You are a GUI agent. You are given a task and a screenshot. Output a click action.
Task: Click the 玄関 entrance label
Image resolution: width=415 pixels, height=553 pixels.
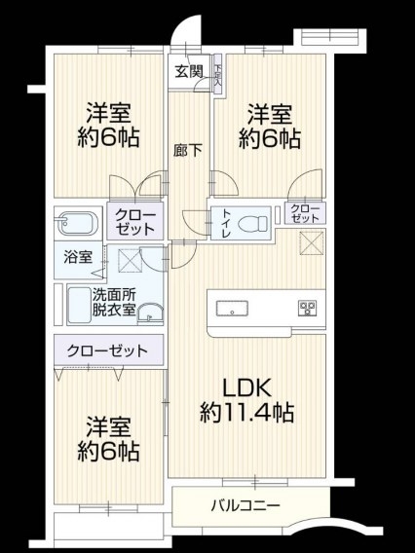189,72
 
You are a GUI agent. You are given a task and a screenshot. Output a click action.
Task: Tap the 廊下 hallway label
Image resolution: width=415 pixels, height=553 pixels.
187,151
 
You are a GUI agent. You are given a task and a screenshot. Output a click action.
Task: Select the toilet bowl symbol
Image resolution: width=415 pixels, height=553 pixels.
253,224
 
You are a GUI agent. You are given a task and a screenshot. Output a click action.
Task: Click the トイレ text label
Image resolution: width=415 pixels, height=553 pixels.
226,224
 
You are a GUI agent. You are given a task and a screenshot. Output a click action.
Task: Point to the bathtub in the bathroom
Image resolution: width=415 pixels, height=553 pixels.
78,223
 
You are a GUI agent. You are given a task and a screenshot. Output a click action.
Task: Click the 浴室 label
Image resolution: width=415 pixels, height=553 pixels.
78,257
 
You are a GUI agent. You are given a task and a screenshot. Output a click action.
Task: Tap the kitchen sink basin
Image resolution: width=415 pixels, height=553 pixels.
232,309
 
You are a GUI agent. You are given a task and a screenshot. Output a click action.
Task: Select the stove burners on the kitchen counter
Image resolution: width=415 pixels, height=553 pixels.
308,308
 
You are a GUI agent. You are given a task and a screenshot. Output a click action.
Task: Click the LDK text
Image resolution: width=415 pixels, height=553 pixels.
246,387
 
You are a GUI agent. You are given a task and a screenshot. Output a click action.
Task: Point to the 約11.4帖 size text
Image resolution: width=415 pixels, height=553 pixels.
246,412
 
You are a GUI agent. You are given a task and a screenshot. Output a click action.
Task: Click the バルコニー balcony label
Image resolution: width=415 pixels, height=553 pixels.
245,506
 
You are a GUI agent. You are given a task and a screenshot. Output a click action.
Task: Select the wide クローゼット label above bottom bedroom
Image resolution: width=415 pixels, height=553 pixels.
107,350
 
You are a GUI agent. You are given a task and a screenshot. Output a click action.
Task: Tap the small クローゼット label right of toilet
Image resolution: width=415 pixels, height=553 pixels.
305,213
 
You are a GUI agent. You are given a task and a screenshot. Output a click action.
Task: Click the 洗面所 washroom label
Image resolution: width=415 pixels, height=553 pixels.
114,294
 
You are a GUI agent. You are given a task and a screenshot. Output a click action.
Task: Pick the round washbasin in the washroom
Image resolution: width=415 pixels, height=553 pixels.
150,313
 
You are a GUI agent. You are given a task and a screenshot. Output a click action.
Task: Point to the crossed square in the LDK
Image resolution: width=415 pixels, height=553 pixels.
312,242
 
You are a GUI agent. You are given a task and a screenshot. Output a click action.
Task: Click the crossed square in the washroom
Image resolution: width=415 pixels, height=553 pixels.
130,260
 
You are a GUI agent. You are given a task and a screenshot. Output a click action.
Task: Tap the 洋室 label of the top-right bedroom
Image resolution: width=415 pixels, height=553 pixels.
270,114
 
